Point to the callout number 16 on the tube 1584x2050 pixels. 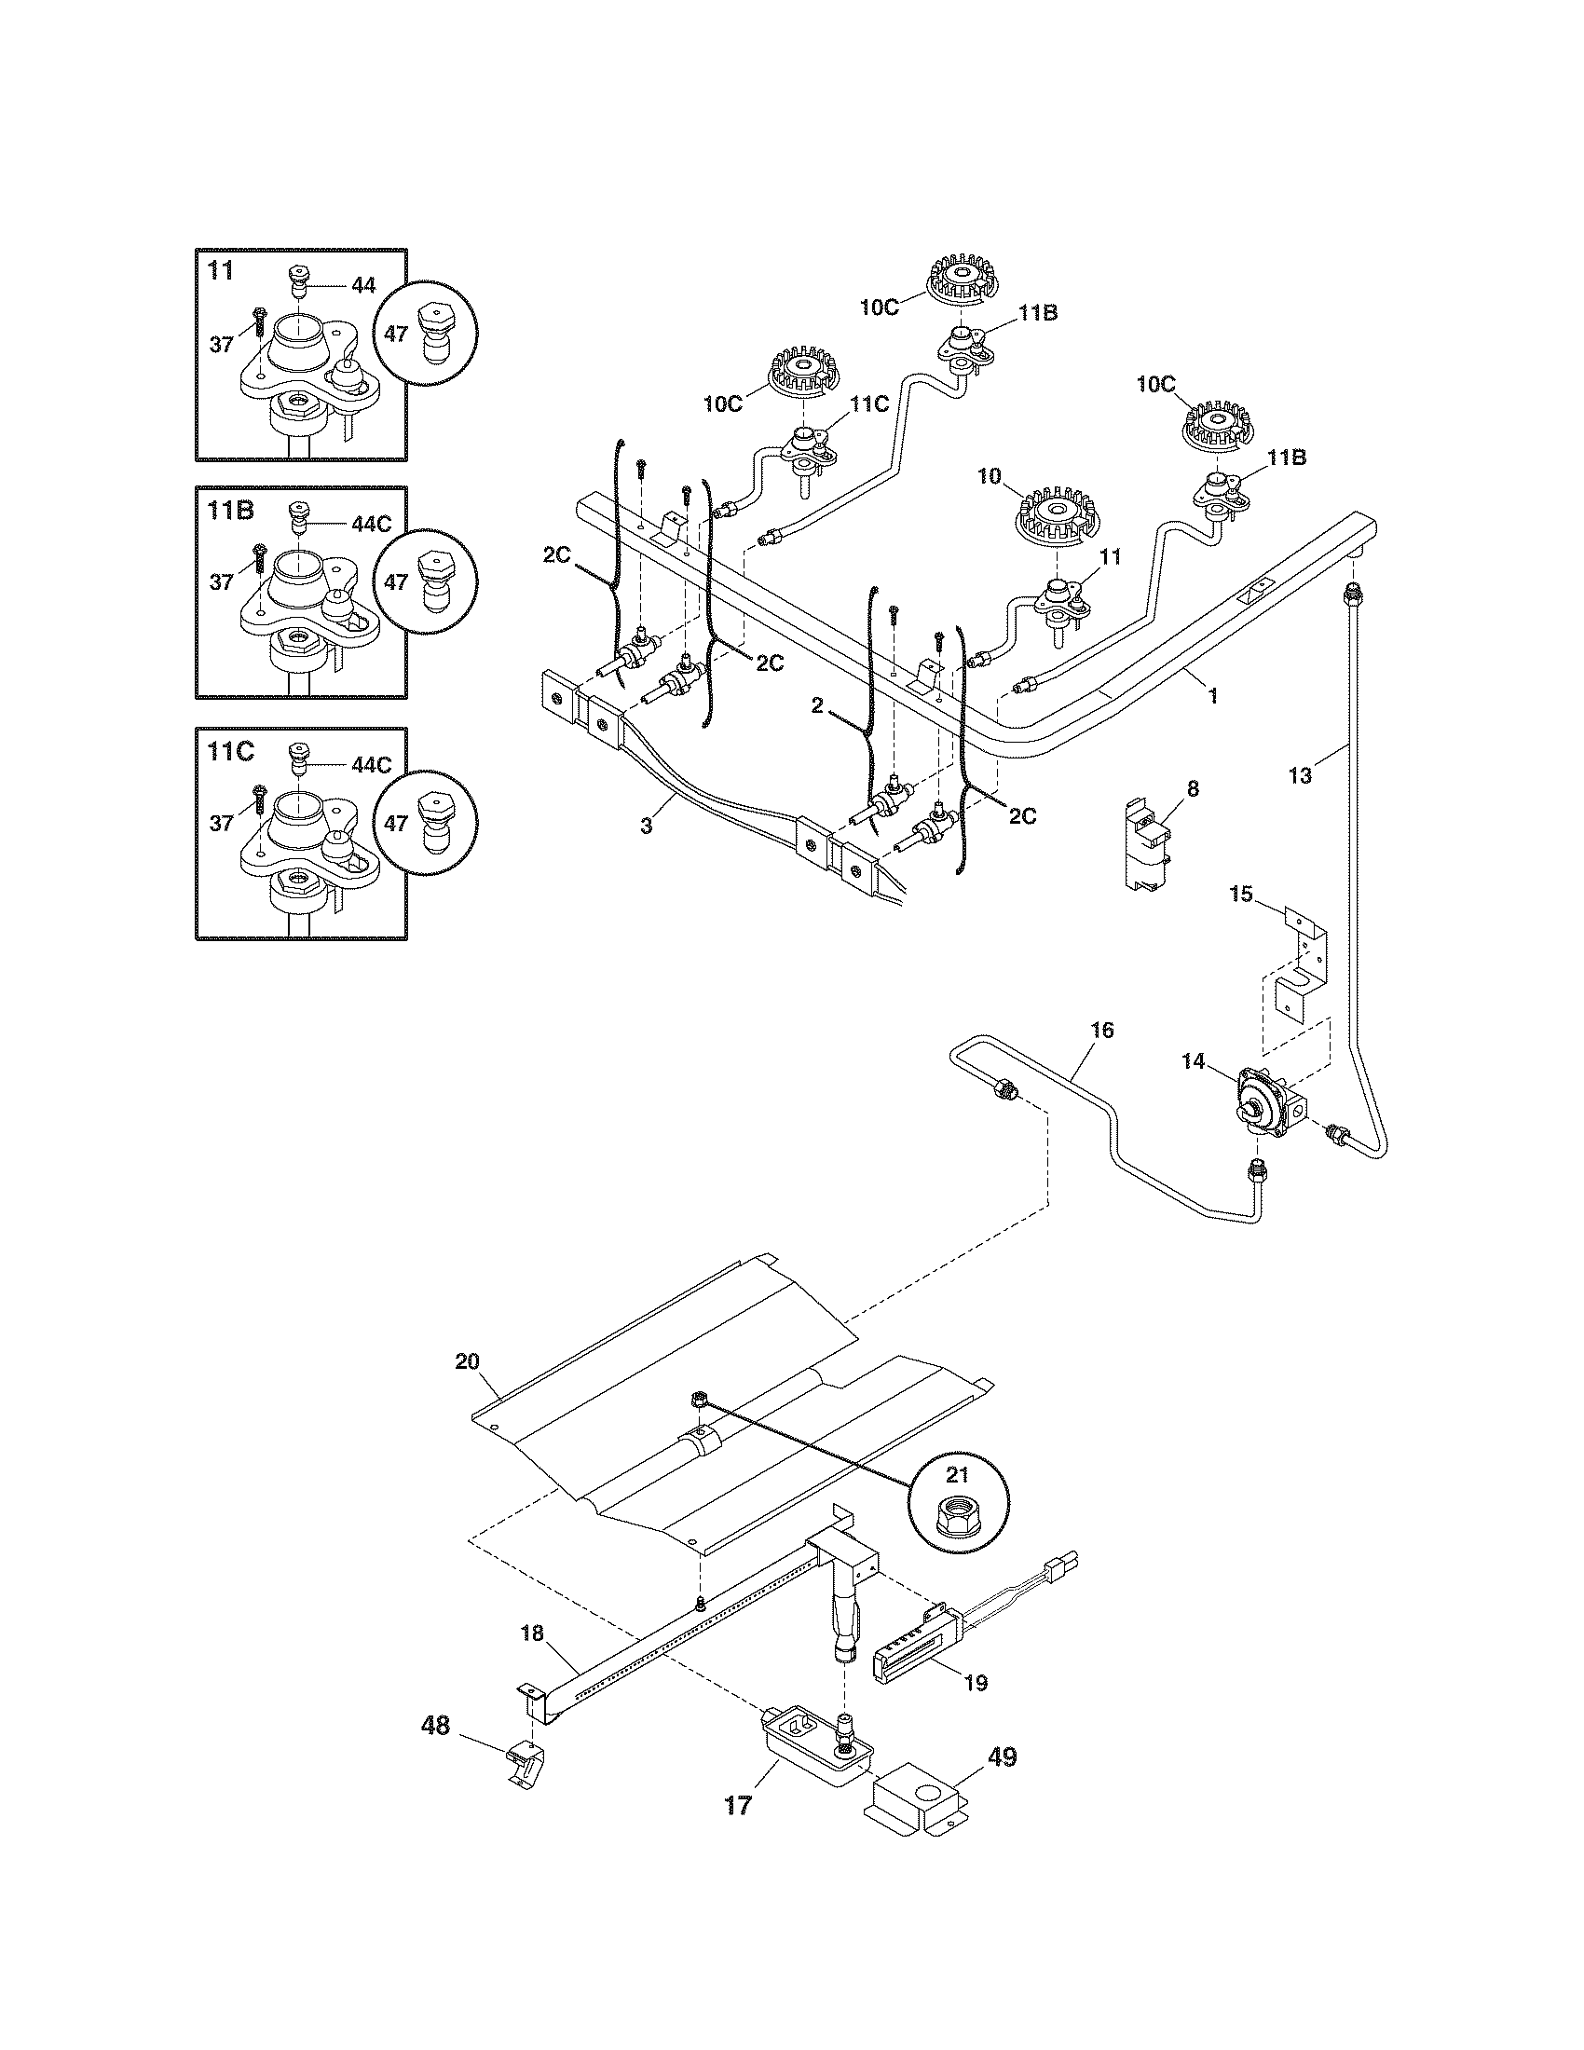(1102, 1031)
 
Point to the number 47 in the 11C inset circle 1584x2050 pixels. (396, 823)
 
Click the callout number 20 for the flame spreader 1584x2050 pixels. (468, 1362)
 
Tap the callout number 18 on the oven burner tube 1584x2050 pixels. (531, 1633)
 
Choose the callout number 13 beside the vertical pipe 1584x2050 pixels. (1301, 775)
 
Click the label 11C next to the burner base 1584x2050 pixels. (869, 404)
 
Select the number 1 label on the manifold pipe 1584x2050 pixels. (1212, 695)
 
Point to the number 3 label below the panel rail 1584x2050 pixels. (646, 826)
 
